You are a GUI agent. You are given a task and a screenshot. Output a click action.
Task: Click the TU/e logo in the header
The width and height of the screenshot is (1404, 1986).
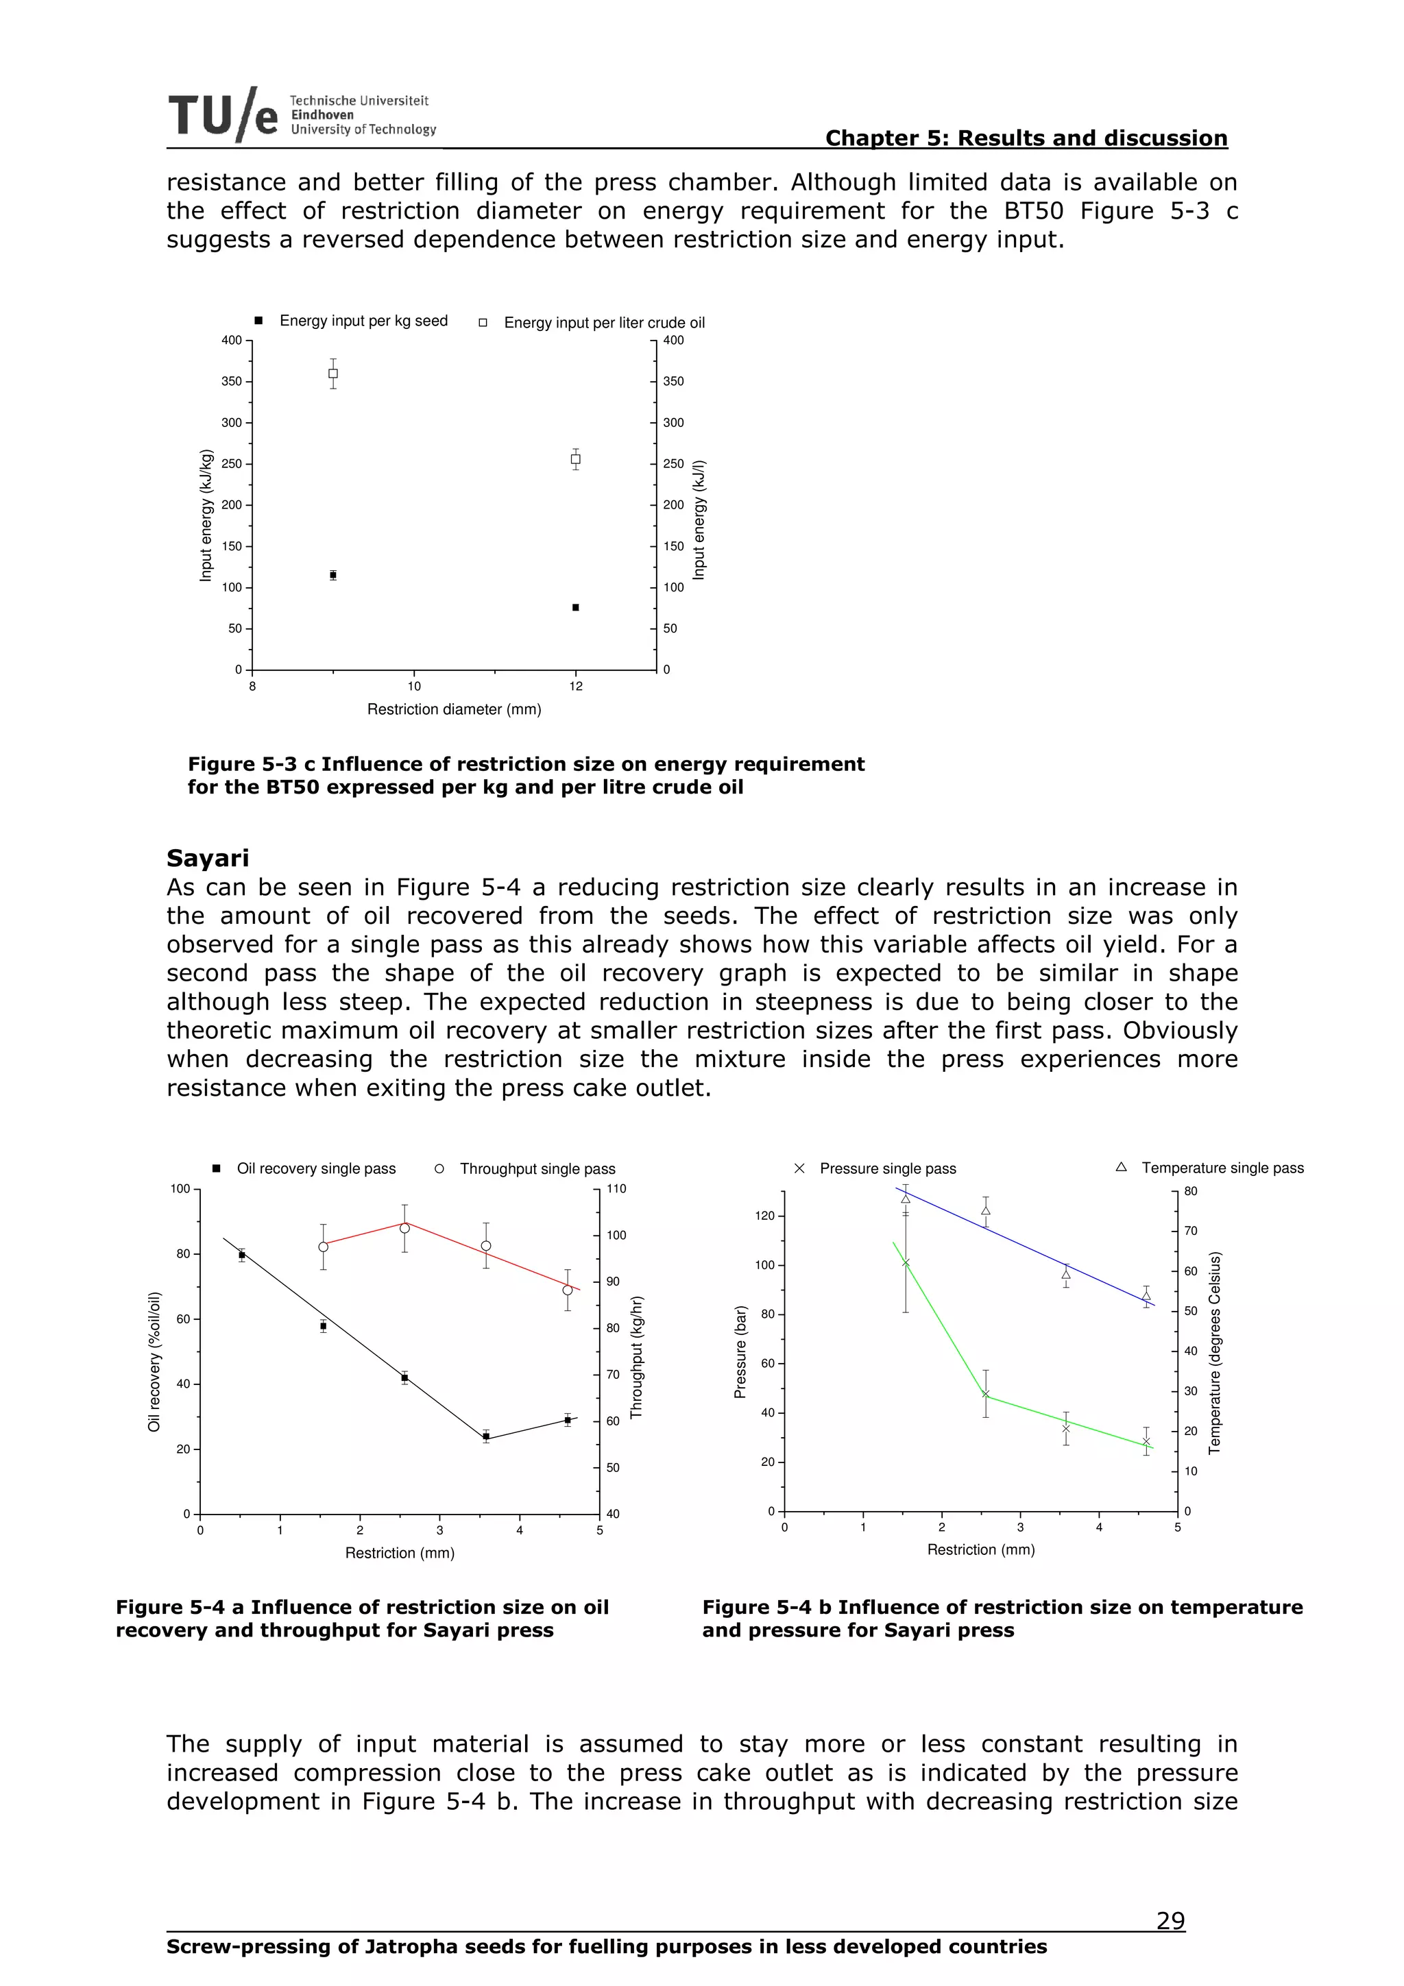pos(223,115)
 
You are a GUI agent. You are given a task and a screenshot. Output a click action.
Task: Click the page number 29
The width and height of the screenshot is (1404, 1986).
pos(1170,1921)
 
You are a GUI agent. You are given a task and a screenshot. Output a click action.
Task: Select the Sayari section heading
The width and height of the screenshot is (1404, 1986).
pos(208,858)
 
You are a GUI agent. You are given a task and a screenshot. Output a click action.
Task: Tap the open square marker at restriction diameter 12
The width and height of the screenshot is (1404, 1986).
pos(575,459)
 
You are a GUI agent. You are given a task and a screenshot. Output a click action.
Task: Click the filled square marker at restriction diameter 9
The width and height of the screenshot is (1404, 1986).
pos(333,574)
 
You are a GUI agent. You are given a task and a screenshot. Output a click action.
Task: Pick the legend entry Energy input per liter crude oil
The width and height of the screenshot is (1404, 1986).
pos(603,323)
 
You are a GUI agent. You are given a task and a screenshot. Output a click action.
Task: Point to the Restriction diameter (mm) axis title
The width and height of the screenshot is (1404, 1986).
pos(454,709)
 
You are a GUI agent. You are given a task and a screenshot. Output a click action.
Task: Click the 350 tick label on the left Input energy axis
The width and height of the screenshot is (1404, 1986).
pos(231,382)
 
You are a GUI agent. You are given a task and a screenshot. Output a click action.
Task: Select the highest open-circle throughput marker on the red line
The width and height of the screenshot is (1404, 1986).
pos(404,1227)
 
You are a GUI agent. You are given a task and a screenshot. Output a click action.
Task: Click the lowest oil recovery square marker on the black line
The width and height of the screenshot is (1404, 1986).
pos(486,1436)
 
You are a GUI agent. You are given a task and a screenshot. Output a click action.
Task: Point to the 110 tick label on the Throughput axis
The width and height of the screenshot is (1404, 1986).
pos(616,1188)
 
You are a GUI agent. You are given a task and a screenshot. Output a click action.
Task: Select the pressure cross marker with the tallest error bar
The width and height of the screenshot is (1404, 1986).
pos(906,1263)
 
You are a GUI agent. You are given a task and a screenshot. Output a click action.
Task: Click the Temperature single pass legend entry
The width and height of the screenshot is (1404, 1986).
pos(1222,1168)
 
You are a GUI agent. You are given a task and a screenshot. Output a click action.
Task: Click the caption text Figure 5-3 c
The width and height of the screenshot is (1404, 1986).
pos(252,764)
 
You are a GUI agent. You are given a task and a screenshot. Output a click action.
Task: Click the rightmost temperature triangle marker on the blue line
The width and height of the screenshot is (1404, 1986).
pos(1146,1296)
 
